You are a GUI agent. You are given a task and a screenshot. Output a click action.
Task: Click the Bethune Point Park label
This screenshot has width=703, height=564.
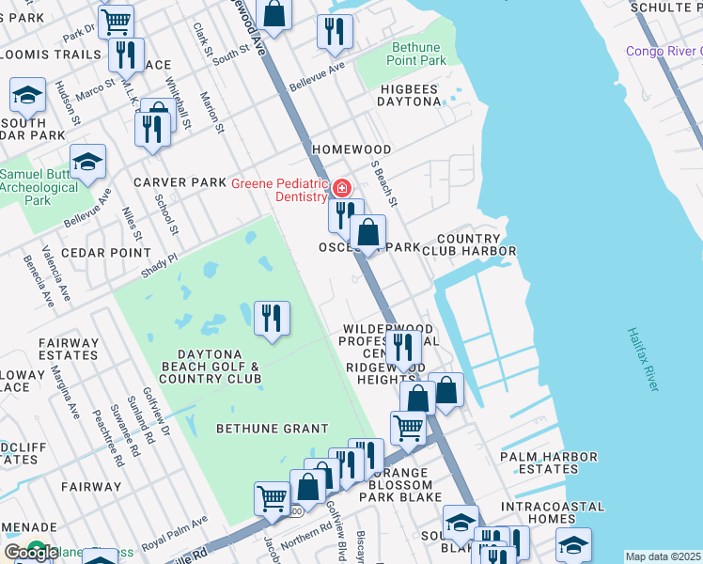[x=418, y=53]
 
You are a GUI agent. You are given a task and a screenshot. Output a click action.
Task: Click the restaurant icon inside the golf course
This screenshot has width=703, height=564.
[x=272, y=316]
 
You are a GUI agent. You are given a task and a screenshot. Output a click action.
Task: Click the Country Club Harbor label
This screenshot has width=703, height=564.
[x=475, y=244]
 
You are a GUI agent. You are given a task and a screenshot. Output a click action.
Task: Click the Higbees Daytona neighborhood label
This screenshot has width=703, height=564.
[x=410, y=94]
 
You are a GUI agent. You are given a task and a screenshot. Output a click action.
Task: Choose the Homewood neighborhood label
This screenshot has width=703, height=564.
[x=351, y=149]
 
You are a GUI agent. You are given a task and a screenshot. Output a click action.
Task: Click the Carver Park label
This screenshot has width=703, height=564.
[x=180, y=181]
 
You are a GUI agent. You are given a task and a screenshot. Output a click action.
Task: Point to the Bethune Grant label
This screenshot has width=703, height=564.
[x=273, y=428]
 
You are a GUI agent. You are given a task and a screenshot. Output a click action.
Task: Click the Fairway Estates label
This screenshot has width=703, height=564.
[x=68, y=349]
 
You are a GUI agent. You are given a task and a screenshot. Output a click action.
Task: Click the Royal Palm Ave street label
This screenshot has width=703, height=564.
[x=175, y=535]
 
